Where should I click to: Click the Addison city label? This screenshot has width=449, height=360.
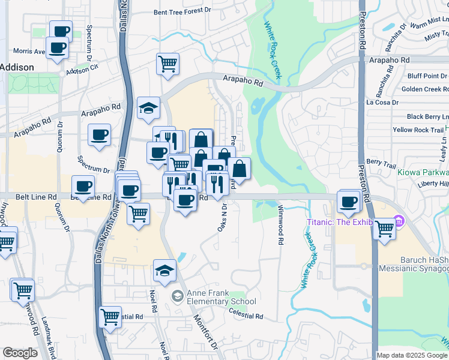pos(17,67)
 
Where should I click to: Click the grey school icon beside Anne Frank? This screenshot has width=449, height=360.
pos(177,296)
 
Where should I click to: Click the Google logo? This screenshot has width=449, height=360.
pos(20,353)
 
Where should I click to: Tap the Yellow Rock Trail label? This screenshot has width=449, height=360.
pos(418,130)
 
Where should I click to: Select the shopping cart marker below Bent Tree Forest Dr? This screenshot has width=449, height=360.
pos(168,63)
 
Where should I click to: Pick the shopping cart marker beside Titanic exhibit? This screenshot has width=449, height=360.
pos(384,227)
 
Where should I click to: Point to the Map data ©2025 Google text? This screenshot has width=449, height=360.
pos(412,355)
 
